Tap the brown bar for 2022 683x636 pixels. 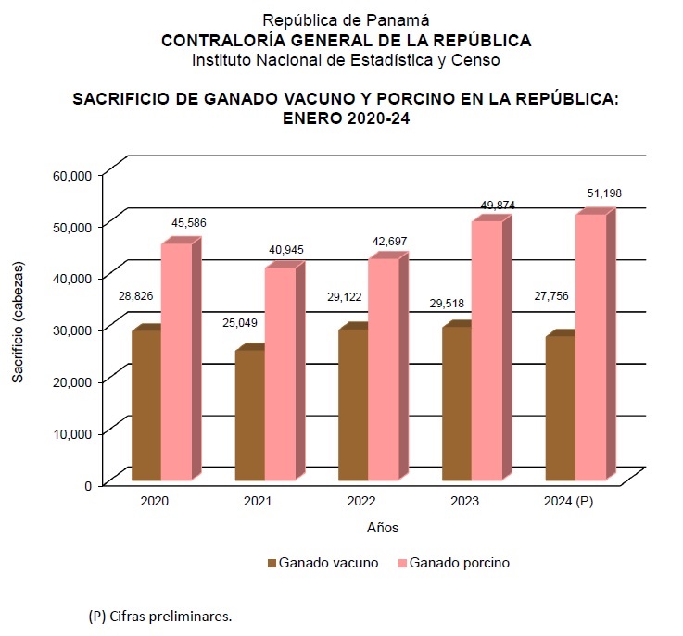pos(353,405)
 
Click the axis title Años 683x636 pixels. pos(382,527)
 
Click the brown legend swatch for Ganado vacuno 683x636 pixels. pos(272,562)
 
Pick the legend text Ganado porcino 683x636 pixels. pos(459,562)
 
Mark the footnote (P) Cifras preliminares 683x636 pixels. pos(160,616)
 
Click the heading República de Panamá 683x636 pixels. pos(346,20)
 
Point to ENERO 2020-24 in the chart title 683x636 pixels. pos(346,118)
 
